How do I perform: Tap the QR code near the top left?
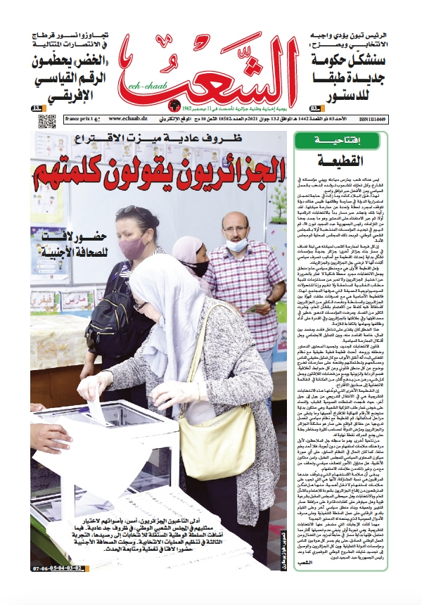[x=46, y=121]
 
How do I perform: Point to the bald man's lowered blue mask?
[x=238, y=245]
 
